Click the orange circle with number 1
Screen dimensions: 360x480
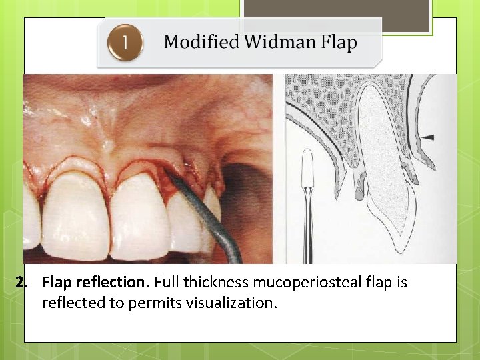tap(124, 43)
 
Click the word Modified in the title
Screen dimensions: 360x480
tap(201, 43)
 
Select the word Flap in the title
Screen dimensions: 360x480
tap(339, 43)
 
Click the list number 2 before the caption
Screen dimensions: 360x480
tap(22, 283)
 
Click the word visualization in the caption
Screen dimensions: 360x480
tap(237, 303)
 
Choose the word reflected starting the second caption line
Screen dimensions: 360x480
tap(73, 303)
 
